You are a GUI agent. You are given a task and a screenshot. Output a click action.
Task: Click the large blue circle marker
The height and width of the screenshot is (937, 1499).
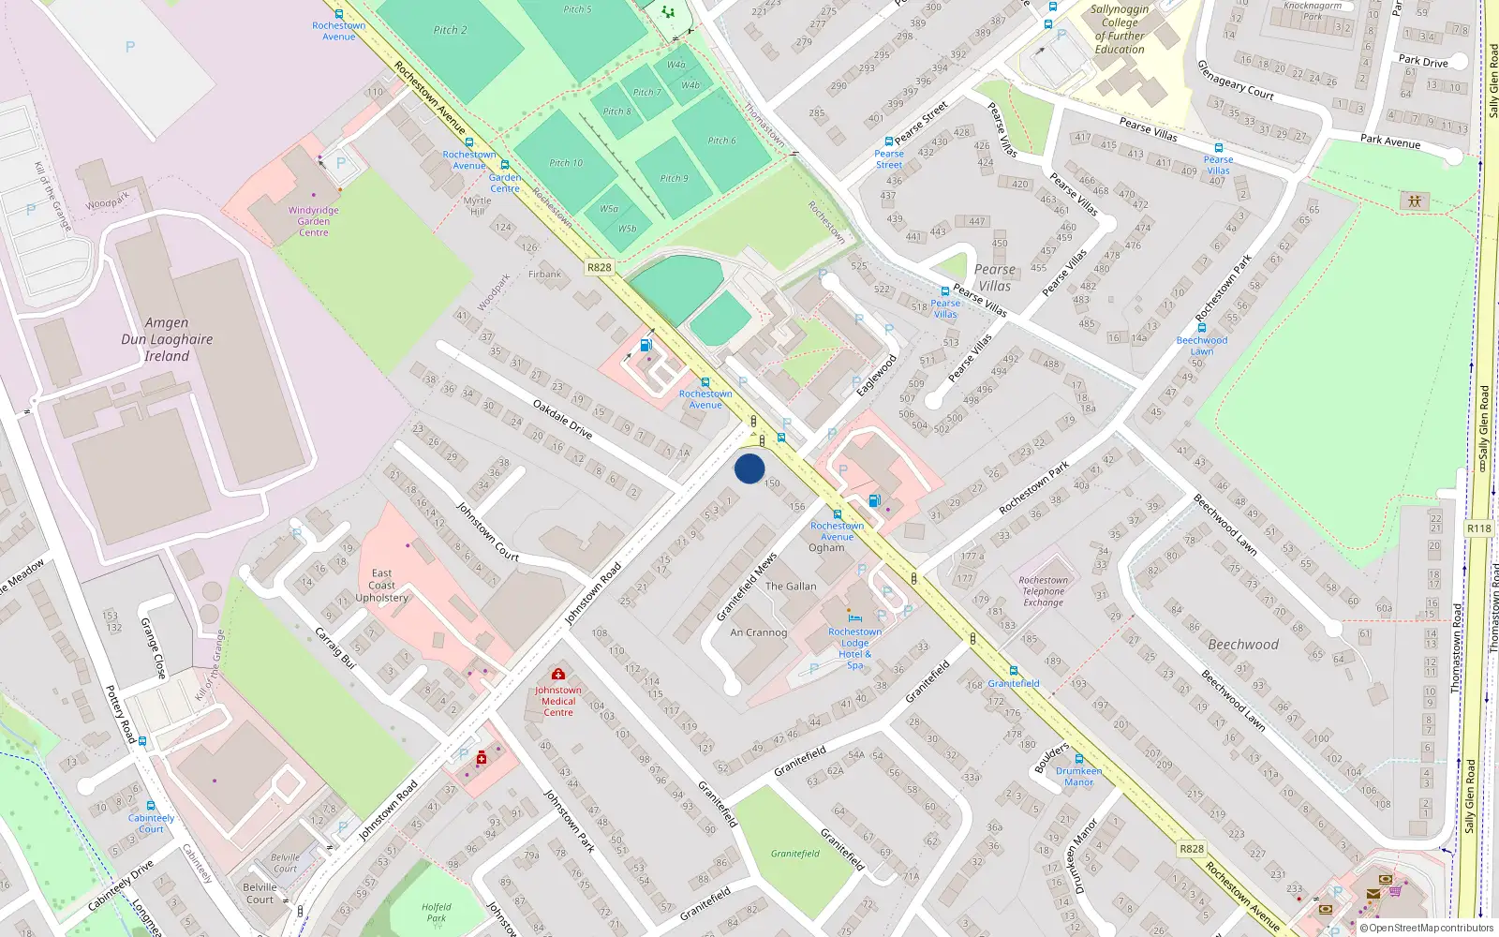point(749,468)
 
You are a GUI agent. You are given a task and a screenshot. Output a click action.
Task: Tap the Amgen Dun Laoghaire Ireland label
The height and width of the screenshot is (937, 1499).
point(167,339)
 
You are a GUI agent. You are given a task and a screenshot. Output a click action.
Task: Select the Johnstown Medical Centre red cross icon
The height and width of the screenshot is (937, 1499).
point(558,674)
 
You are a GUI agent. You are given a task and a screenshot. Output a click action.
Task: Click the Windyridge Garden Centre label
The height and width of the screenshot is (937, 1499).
point(314,221)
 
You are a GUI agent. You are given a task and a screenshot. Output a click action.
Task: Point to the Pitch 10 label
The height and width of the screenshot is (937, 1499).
point(566,163)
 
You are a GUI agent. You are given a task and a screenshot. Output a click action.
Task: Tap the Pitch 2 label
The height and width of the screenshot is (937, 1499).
point(451,30)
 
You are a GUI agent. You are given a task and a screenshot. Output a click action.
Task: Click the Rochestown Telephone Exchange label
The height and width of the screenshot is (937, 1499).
point(1043,591)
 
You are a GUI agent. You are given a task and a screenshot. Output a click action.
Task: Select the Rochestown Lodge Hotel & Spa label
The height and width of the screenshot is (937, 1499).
point(854,648)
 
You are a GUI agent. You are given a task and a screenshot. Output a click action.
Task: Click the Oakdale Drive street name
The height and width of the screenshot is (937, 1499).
point(562,419)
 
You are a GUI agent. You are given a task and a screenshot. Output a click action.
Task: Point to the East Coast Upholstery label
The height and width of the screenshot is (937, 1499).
point(381,586)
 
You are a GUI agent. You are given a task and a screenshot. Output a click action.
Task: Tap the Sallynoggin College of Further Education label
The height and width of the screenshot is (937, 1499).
point(1120,29)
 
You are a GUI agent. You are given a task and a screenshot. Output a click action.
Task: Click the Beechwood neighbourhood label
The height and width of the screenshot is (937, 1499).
point(1243,645)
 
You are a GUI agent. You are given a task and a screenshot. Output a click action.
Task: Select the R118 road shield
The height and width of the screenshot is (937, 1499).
point(1479,528)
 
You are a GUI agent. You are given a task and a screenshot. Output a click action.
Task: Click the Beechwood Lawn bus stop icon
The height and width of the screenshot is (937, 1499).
point(1202,328)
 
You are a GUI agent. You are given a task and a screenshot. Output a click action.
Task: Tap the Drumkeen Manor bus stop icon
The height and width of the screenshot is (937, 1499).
point(1079,759)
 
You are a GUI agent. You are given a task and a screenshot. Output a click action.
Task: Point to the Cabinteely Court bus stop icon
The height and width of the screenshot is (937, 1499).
point(151,805)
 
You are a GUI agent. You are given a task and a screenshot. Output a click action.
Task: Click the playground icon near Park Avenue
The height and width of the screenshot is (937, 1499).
point(1415,201)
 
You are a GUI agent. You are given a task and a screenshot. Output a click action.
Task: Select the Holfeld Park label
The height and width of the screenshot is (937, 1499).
point(437,913)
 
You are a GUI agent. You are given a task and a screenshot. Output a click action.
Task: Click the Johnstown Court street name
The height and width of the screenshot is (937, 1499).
point(487,531)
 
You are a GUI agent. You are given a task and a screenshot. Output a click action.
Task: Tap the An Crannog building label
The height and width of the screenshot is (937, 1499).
point(759,632)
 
